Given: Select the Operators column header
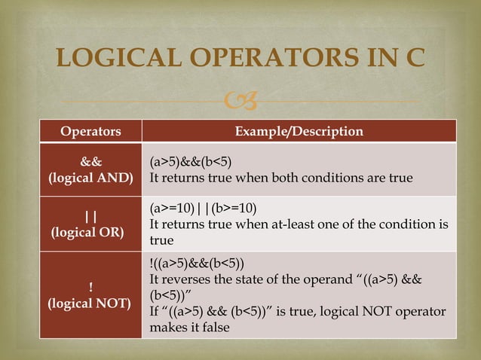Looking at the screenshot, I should pos(90,132).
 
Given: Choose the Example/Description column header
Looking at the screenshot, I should pos(299,132).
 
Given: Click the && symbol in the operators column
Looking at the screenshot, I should pos(92,162).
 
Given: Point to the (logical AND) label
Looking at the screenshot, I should pos(90,178).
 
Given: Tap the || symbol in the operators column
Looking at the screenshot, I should pos(90,216).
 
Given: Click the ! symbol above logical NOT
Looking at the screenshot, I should pos(90,287).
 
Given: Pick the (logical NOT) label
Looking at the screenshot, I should pos(90,304).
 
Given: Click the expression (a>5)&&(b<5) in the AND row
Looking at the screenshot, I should pos(191,162).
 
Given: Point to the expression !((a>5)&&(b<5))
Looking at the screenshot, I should pos(197,264).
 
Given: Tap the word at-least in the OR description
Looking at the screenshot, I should pos(311,224).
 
